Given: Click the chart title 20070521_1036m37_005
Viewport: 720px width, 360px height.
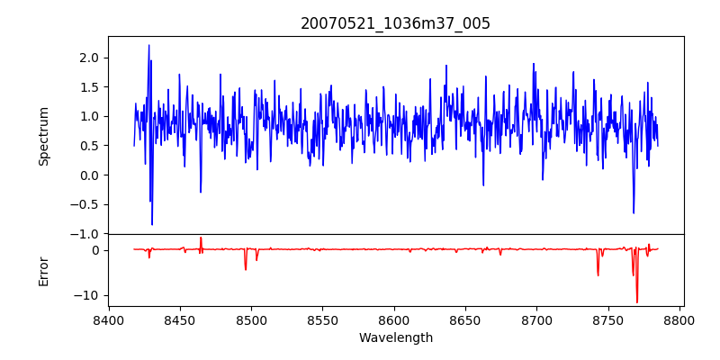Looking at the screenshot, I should tap(395, 23).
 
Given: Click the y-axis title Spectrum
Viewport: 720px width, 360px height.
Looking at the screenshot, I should tap(44, 135).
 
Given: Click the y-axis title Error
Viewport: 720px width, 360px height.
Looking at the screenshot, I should tap(44, 271).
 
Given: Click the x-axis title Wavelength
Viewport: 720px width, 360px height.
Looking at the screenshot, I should tap(395, 338).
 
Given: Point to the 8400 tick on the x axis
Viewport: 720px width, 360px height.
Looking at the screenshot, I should tap(109, 320).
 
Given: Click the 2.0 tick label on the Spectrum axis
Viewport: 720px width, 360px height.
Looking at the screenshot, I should tap(91, 58).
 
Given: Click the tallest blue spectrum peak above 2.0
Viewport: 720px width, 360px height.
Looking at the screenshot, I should tap(148, 46).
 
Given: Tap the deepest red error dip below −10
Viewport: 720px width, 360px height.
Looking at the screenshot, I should tap(637, 302).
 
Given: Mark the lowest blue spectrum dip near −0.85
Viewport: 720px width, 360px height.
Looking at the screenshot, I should tap(152, 224).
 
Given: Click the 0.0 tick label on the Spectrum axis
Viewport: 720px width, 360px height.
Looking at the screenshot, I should tap(91, 175).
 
